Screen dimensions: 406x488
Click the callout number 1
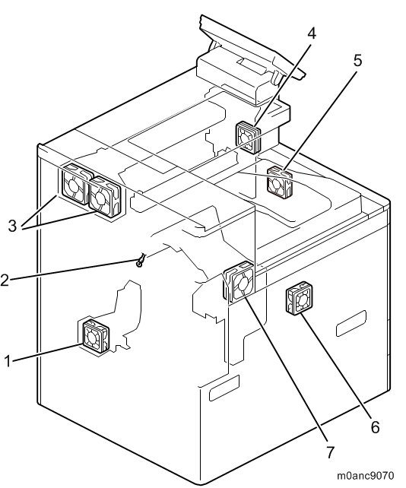point(8,361)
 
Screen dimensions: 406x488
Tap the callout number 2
point(5,280)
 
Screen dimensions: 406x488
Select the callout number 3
point(12,226)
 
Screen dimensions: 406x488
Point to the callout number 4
point(312,33)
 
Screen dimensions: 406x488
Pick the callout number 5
point(358,60)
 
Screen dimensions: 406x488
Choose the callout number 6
point(376,427)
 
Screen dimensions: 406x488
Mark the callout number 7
point(330,452)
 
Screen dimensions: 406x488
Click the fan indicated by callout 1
point(96,335)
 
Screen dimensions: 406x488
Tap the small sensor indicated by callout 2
point(141,260)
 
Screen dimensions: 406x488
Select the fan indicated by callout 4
point(248,138)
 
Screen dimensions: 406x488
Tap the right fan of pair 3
point(104,196)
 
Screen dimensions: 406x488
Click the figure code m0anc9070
point(365,476)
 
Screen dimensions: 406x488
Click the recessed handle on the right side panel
point(351,323)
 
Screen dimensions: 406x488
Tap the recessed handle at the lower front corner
point(224,388)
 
